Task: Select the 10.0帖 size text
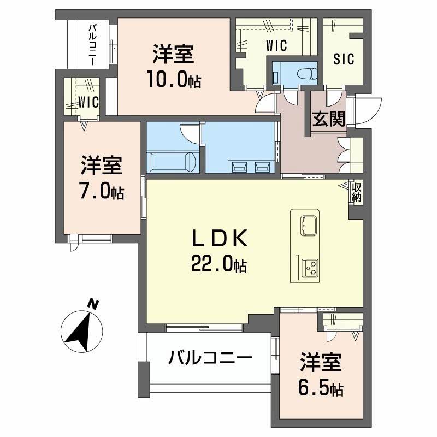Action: point(173,80)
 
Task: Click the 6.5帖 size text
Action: point(321,388)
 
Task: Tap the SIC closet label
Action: point(344,57)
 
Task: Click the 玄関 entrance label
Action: point(328,119)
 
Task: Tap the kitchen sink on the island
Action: point(307,224)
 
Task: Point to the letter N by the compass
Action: point(93,304)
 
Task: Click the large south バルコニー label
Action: point(210,358)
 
